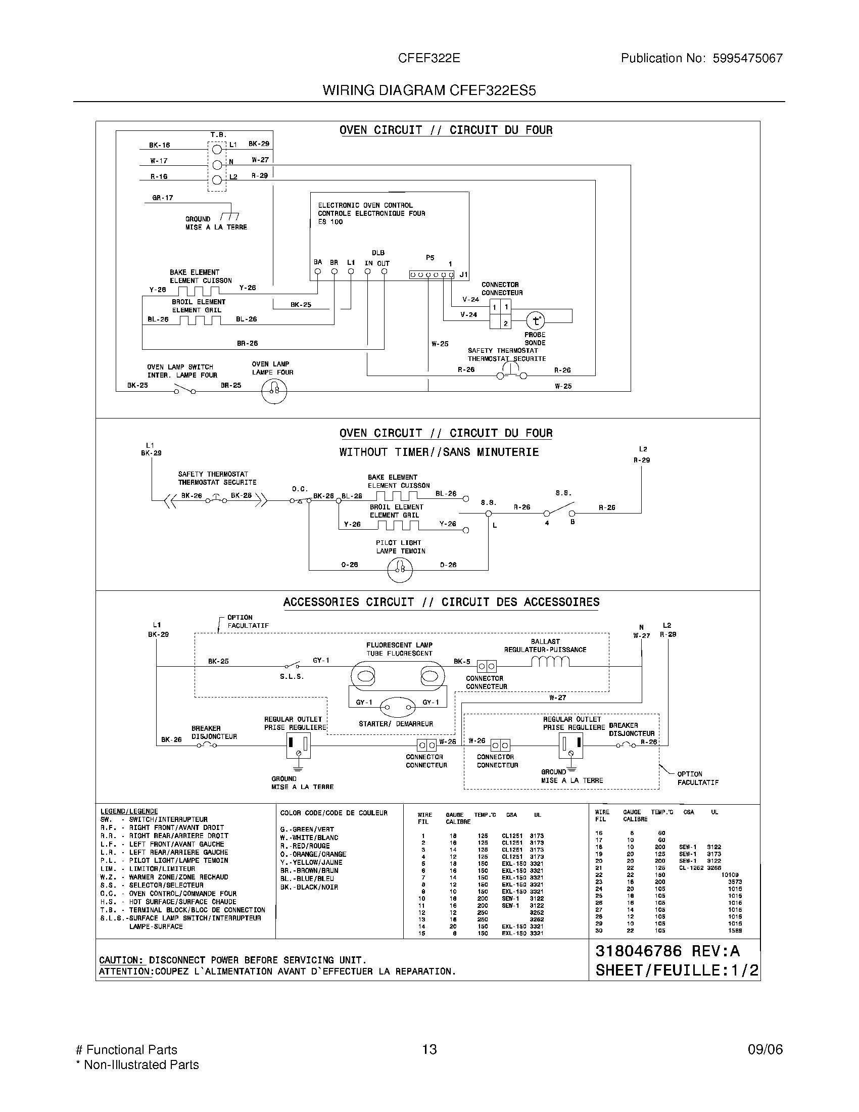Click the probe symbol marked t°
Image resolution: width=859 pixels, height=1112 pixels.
tap(535, 321)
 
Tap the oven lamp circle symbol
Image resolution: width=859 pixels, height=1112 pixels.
tap(274, 391)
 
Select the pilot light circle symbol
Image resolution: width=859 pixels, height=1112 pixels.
tap(400, 569)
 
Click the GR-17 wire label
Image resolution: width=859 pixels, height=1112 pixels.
tap(162, 198)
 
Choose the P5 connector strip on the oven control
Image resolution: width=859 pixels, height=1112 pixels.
tap(432, 275)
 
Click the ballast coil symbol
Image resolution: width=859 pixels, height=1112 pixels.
tap(550, 662)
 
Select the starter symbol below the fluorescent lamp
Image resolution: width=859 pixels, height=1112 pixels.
tap(398, 707)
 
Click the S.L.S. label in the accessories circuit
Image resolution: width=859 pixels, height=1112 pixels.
tap(292, 677)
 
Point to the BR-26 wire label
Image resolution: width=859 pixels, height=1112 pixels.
tap(247, 343)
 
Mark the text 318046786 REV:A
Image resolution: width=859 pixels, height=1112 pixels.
tap(667, 951)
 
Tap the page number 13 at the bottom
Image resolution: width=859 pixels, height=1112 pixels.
tap(429, 1049)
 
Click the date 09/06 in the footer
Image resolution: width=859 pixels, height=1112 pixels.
tap(765, 1049)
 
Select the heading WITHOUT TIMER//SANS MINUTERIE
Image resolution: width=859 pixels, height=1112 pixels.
tap(439, 452)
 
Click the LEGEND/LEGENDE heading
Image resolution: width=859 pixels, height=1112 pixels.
tap(129, 811)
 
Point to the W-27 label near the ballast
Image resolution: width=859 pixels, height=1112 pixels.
tap(557, 698)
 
